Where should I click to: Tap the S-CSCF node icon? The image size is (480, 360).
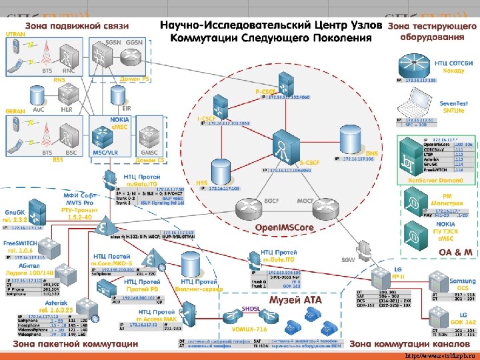click(283, 149)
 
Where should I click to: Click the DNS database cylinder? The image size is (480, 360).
click(351, 139)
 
